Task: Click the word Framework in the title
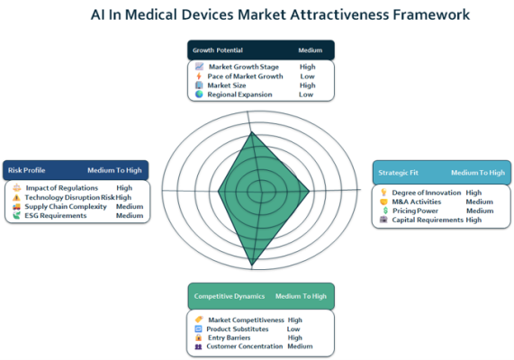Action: [431, 14]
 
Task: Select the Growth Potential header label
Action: [218, 50]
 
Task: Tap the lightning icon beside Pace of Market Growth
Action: [199, 76]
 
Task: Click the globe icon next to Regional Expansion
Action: [199, 94]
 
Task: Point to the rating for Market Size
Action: [308, 85]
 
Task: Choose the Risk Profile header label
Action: [26, 170]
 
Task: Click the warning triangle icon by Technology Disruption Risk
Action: [16, 197]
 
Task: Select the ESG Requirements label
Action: [56, 215]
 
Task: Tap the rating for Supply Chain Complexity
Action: [130, 207]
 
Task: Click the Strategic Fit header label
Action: [398, 173]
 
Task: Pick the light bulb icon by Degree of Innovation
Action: [383, 192]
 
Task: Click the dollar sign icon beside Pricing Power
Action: [385, 211]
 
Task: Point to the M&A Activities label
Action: [417, 202]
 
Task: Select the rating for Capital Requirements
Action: [473, 220]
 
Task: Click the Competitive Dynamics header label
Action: [230, 296]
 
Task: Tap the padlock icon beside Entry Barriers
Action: [198, 337]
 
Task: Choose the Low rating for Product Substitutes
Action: [293, 328]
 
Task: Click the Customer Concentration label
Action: [245, 346]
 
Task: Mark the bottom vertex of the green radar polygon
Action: [252, 265]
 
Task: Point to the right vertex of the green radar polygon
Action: [309, 191]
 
